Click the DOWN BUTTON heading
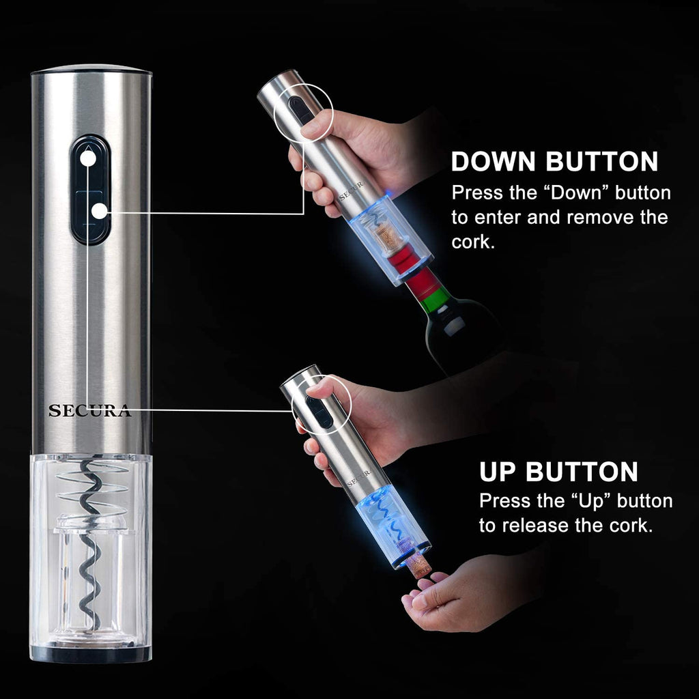[554, 162]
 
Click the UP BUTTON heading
[558, 472]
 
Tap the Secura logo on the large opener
[89, 411]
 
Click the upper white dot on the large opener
[87, 158]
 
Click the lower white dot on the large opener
[100, 212]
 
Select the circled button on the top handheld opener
[298, 109]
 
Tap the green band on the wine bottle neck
[435, 298]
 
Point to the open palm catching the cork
[464, 594]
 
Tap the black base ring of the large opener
[90, 654]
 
